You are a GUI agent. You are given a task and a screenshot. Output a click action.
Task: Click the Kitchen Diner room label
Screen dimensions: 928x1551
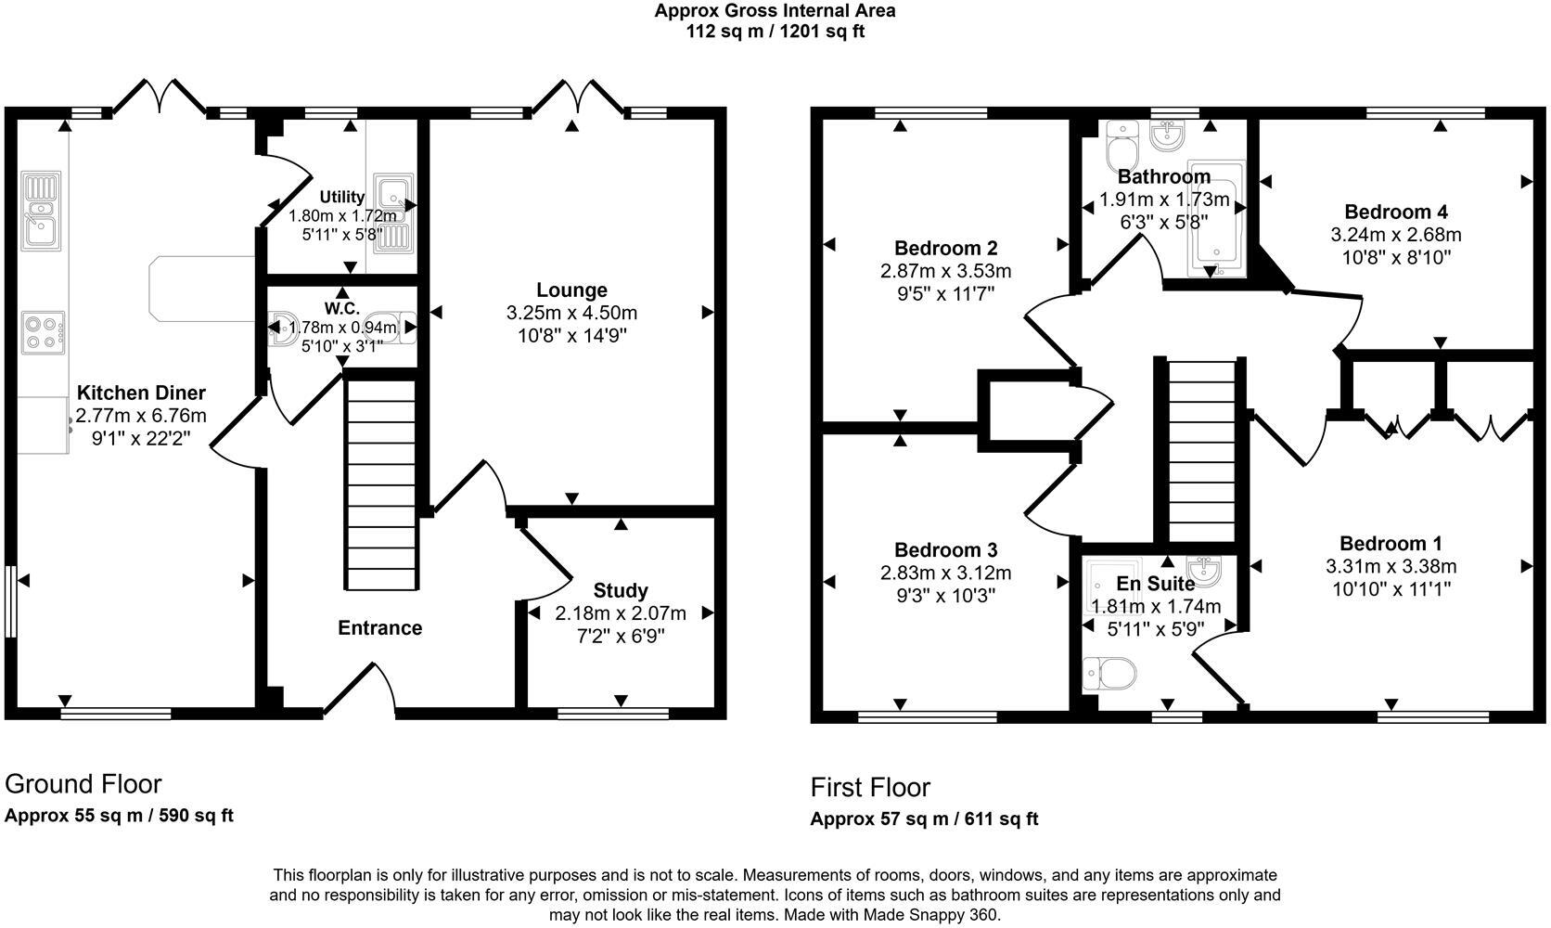pos(141,393)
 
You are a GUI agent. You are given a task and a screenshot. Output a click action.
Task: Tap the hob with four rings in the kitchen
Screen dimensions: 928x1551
pos(44,333)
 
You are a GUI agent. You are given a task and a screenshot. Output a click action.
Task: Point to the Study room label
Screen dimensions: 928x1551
pos(620,591)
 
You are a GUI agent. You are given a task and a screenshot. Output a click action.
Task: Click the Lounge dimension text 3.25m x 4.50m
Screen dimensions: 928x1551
pos(571,314)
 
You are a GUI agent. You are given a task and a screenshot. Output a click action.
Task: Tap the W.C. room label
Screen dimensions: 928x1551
pos(341,308)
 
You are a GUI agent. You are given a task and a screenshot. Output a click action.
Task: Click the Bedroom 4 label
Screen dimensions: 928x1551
pos(1395,212)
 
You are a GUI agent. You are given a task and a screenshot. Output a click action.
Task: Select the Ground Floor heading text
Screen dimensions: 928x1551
pos(83,784)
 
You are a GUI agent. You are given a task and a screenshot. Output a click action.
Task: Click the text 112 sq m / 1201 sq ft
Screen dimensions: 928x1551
pos(775,32)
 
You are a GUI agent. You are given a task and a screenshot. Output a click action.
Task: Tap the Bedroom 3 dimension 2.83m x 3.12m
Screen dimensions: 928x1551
pos(945,574)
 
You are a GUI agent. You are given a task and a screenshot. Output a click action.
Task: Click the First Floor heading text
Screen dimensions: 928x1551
pos(870,788)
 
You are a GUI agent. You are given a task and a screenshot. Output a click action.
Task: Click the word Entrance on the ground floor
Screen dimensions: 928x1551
pos(379,628)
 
